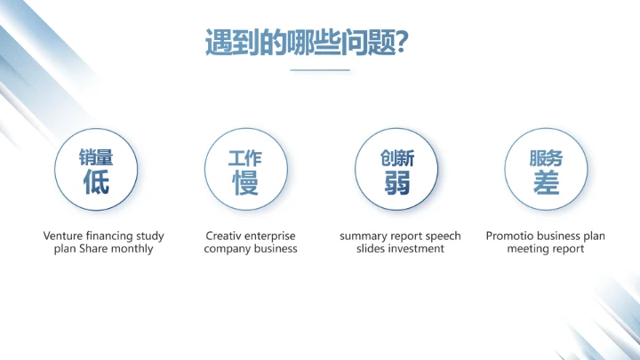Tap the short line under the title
(x=321, y=69)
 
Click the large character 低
(x=96, y=182)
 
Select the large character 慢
(x=246, y=183)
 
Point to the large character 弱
(x=396, y=182)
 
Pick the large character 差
(x=546, y=182)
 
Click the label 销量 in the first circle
(x=96, y=158)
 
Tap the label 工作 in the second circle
(x=246, y=158)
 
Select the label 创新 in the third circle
(x=396, y=158)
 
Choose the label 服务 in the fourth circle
(x=546, y=158)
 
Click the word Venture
(x=63, y=236)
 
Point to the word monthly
(x=132, y=249)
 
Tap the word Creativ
(x=223, y=236)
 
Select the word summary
(x=363, y=236)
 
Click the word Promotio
(x=508, y=236)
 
